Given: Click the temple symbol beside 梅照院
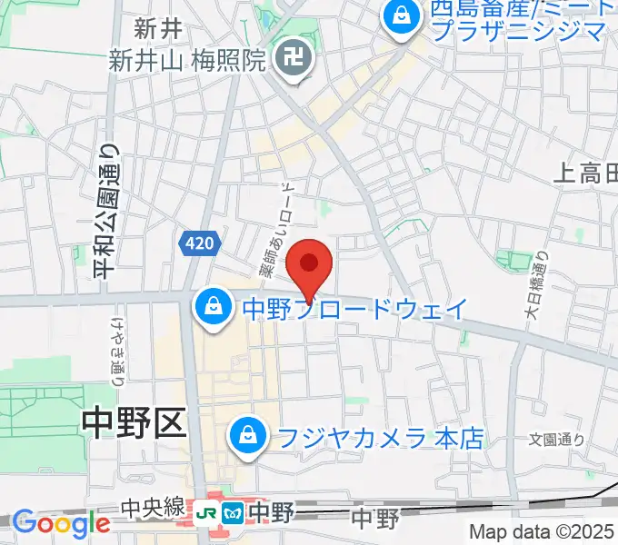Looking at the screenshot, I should tap(294, 62).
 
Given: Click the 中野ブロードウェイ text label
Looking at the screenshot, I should tap(354, 309).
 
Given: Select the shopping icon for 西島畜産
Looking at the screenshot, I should tap(399, 17).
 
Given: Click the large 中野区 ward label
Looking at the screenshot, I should tap(133, 421).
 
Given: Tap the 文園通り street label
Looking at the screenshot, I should tap(556, 440).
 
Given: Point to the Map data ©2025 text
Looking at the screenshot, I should tap(542, 531).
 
